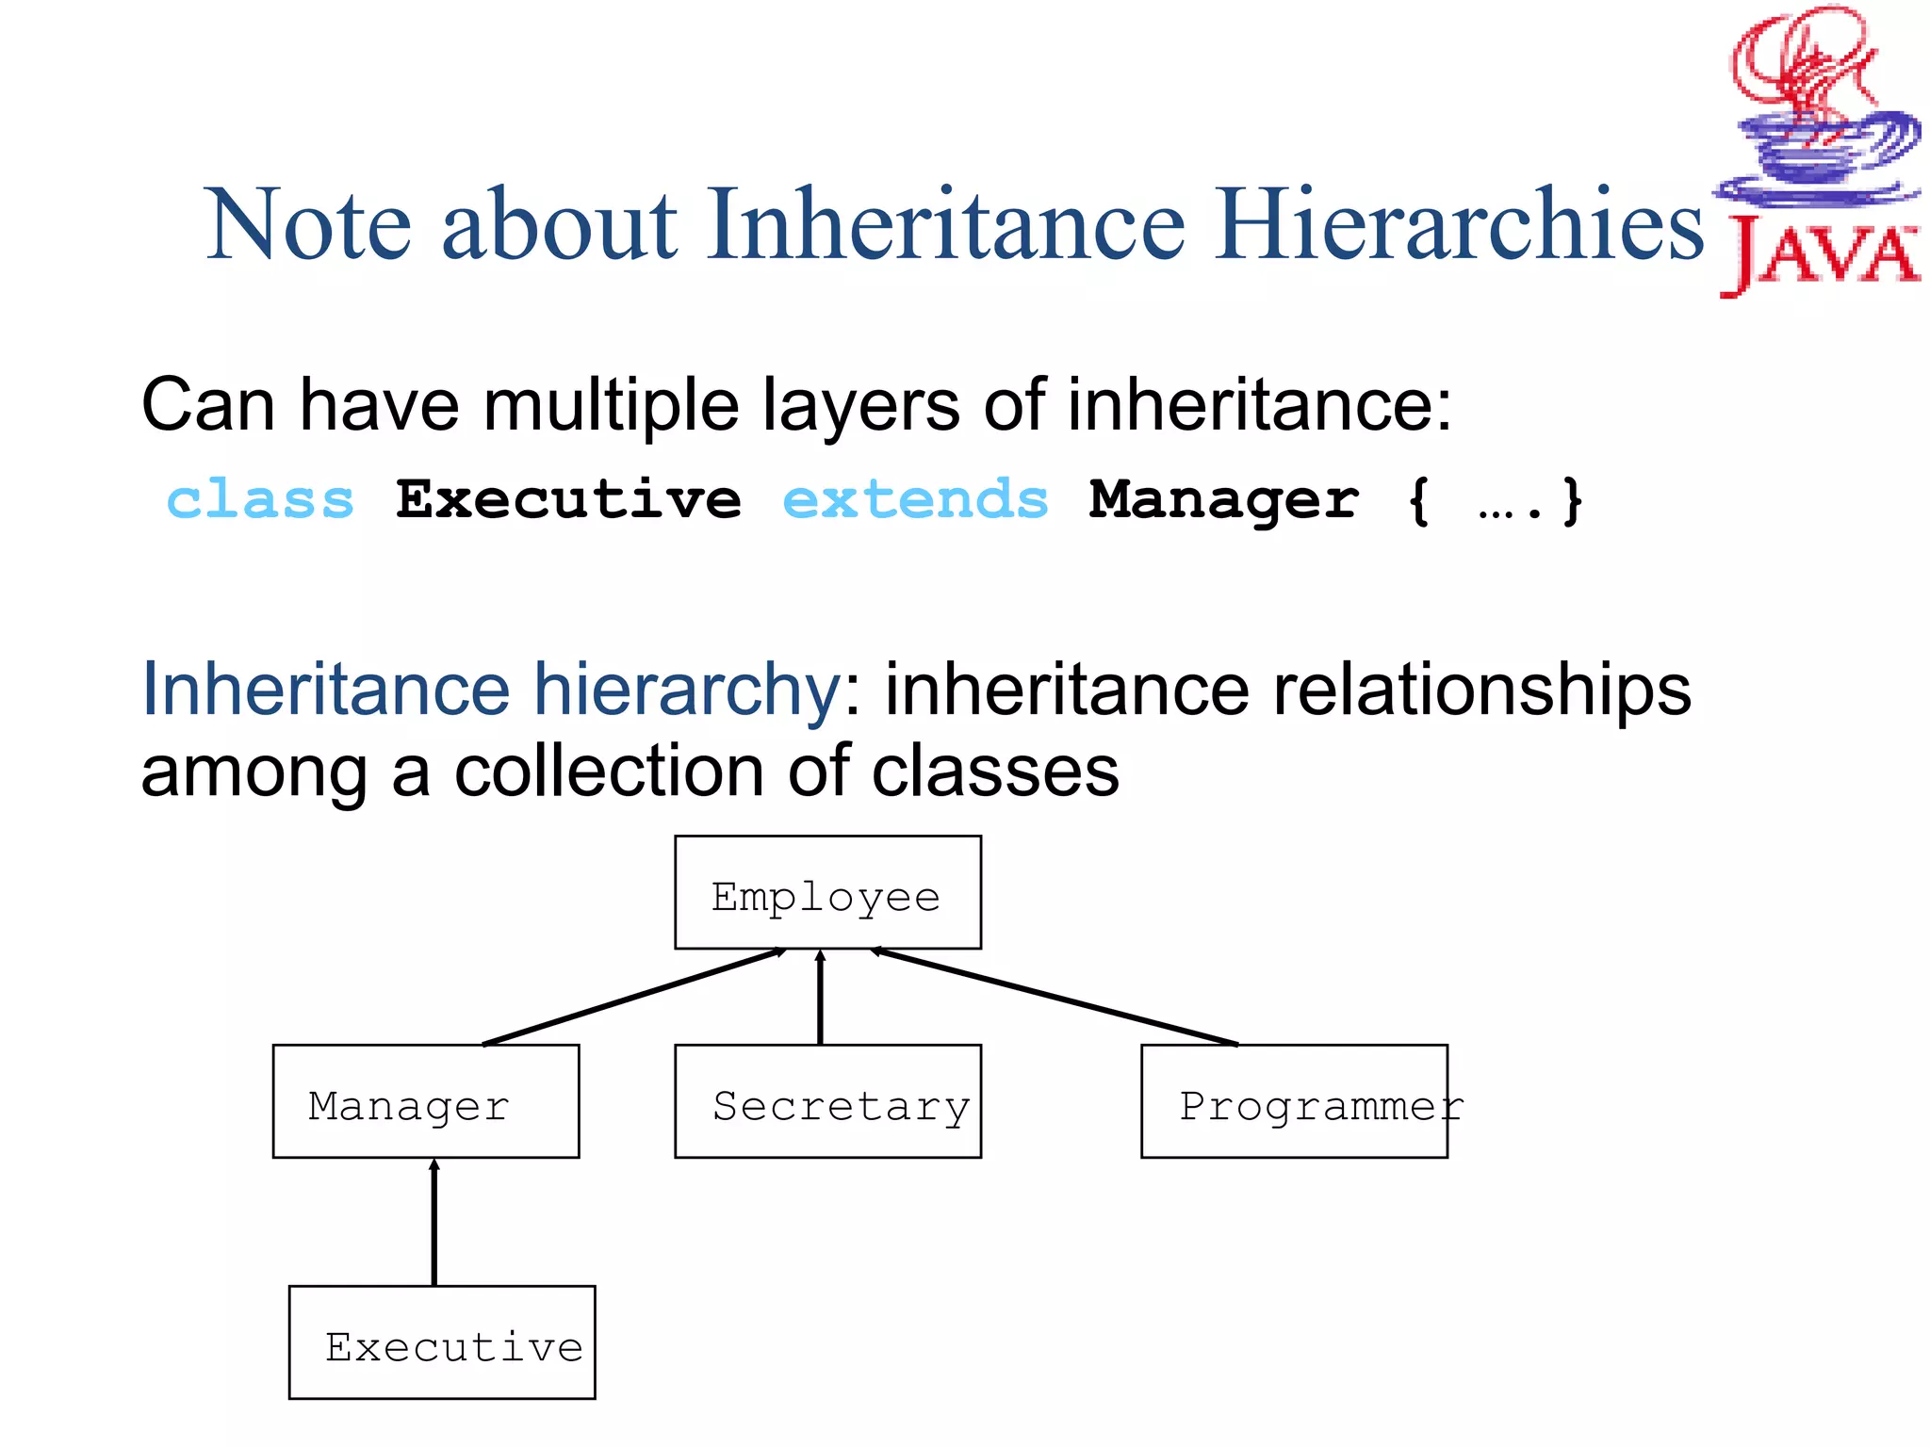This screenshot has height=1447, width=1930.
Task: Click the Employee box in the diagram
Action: [x=827, y=892]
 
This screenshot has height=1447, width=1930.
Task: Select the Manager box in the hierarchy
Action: [x=425, y=1101]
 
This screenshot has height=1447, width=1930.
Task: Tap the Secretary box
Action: [x=827, y=1101]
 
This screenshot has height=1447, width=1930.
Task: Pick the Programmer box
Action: [x=1294, y=1101]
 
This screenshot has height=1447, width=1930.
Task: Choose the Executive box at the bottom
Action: [x=441, y=1342]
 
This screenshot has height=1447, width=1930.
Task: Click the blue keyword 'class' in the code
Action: [x=260, y=499]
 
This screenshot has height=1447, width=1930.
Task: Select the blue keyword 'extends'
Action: [x=915, y=499]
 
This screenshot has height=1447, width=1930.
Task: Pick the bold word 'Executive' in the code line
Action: [x=568, y=499]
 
